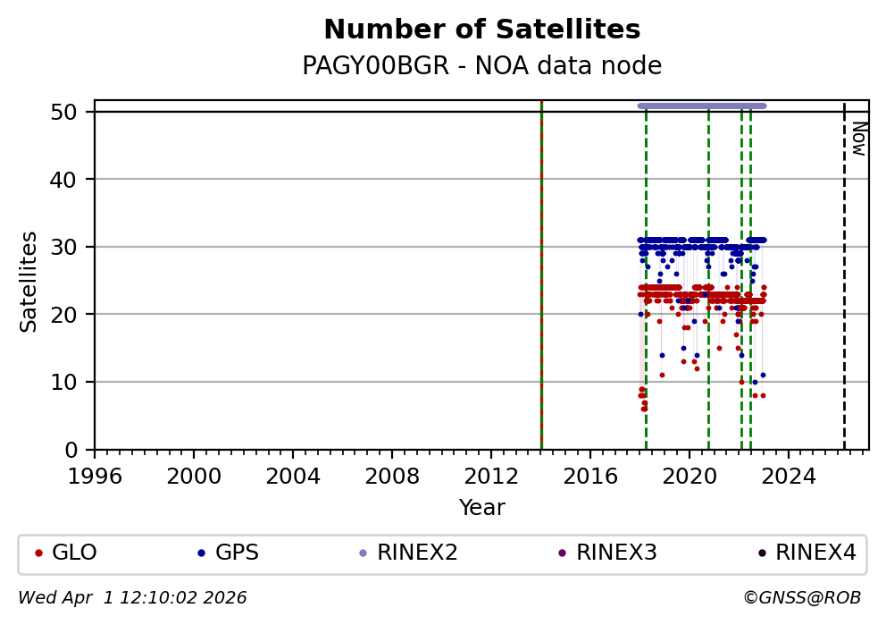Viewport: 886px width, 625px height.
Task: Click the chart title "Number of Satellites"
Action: (x=481, y=30)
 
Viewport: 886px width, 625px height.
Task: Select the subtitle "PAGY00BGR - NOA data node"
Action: (x=481, y=66)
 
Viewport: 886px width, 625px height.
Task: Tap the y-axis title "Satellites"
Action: (x=29, y=281)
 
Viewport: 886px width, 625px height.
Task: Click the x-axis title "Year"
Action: (x=481, y=508)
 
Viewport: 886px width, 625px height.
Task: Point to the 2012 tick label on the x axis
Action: (x=491, y=475)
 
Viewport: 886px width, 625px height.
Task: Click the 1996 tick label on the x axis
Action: (x=96, y=475)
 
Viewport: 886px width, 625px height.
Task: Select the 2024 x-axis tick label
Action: (x=789, y=475)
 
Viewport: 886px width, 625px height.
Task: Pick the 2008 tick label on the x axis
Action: (x=392, y=475)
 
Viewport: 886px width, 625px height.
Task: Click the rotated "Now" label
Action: (x=857, y=139)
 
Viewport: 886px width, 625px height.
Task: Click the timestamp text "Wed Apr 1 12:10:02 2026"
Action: (x=132, y=597)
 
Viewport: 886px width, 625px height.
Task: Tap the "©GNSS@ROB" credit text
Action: (x=801, y=597)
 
